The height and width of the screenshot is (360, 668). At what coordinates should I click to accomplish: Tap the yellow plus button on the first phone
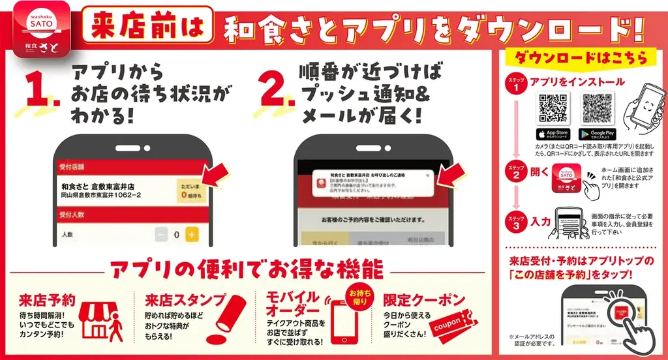[192, 234]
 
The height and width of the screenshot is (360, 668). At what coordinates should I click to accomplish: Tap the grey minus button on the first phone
[161, 234]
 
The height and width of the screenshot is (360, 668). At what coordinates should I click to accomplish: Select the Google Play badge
[598, 134]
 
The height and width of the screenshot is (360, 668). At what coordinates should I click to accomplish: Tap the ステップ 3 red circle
[515, 222]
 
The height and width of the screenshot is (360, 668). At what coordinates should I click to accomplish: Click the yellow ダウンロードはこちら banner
[581, 57]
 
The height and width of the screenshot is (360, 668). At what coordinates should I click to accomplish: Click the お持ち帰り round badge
[358, 297]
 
